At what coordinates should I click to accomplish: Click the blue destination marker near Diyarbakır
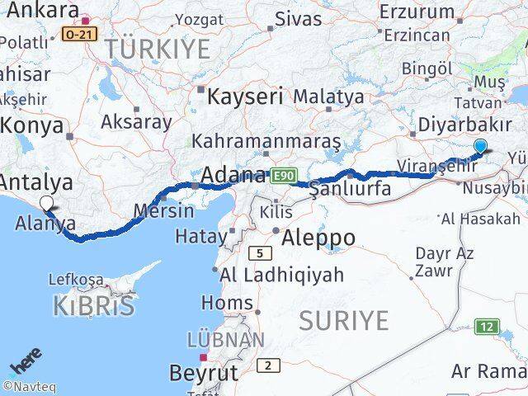(x=481, y=147)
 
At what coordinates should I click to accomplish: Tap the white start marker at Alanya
(x=47, y=203)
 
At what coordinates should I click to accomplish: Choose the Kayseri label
(x=245, y=96)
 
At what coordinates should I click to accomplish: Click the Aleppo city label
(x=318, y=238)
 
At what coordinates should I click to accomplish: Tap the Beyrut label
(x=204, y=372)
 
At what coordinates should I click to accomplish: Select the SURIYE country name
(x=343, y=320)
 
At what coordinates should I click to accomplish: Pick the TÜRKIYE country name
(x=157, y=48)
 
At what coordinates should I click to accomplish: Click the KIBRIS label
(x=93, y=306)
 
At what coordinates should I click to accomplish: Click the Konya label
(x=32, y=125)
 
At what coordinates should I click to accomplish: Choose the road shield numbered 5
(x=261, y=252)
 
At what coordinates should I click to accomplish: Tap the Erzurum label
(x=418, y=12)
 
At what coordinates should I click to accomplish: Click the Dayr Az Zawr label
(x=444, y=262)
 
